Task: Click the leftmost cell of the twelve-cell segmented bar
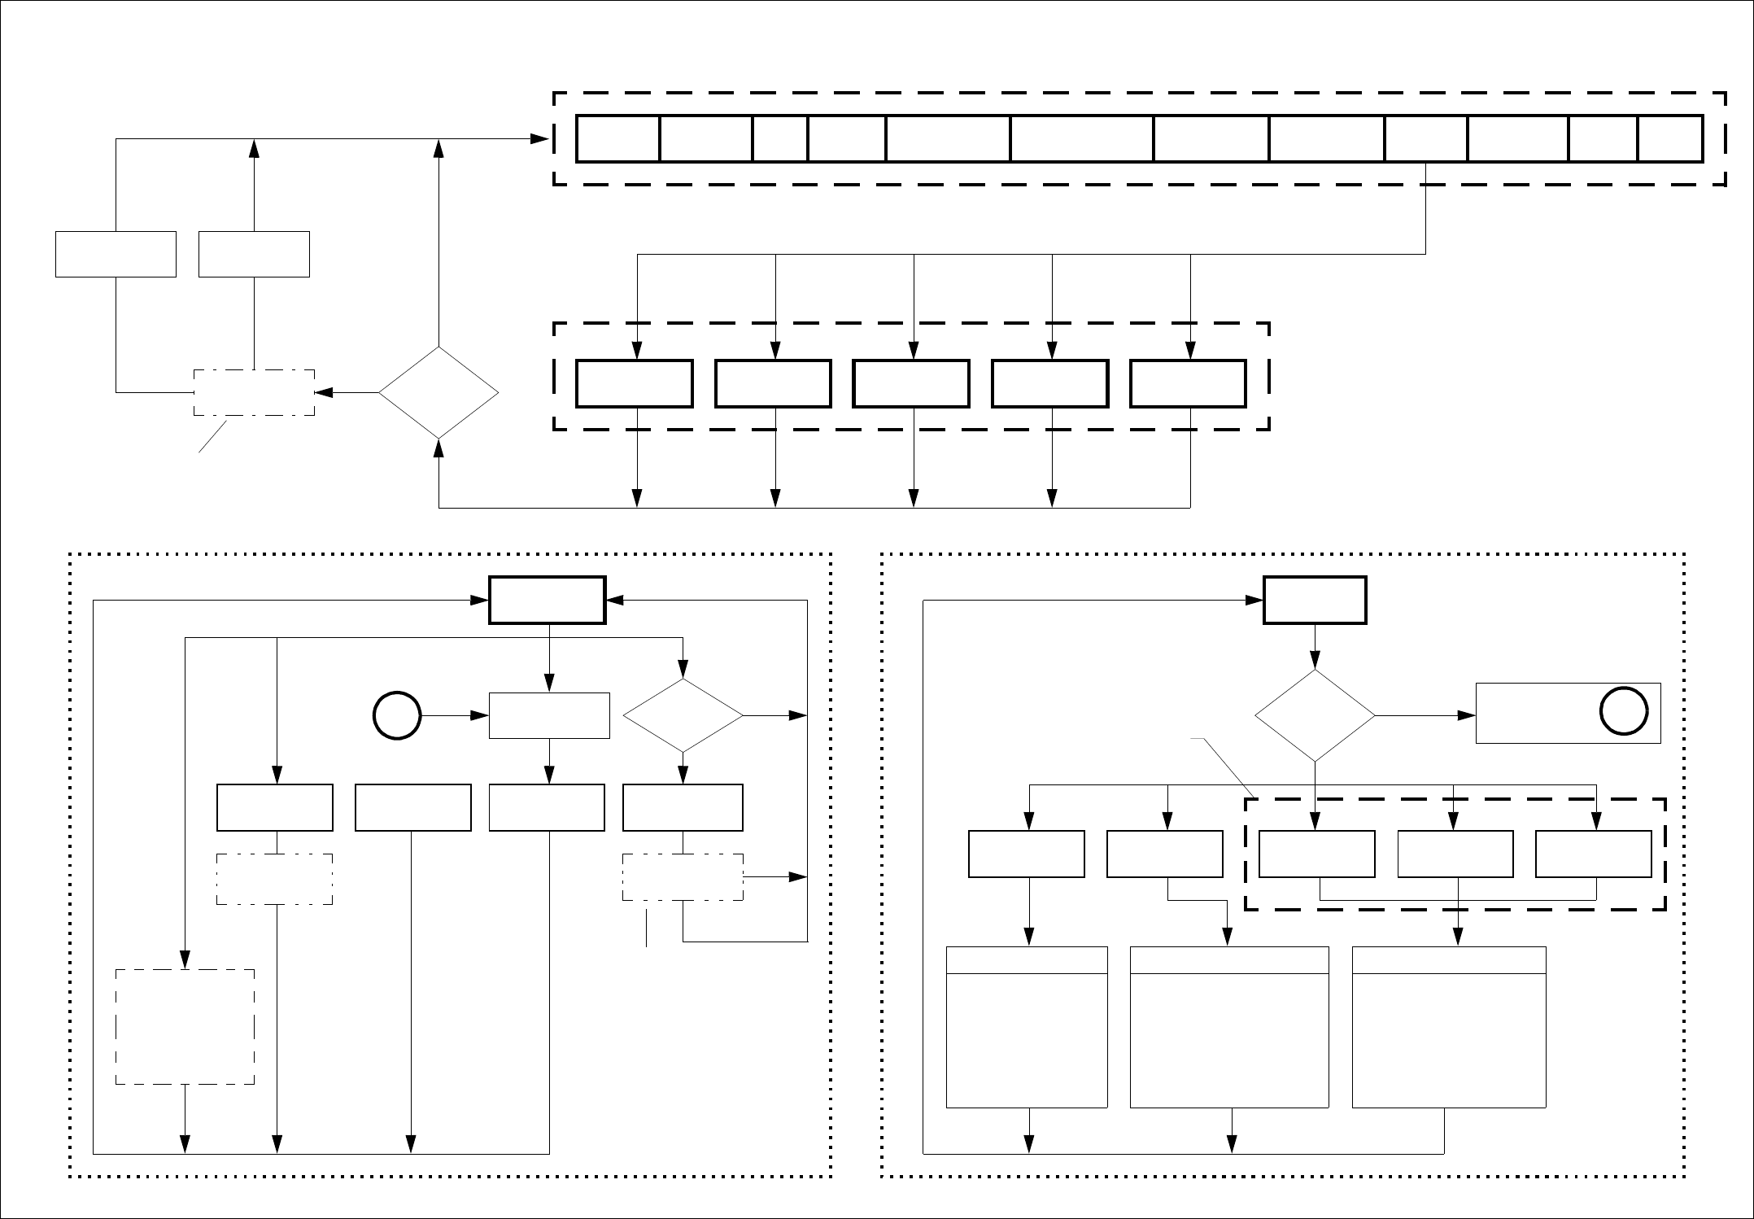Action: pyautogui.click(x=617, y=139)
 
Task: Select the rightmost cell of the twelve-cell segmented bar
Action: pyautogui.click(x=1670, y=139)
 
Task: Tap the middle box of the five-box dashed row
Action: pyautogui.click(x=911, y=383)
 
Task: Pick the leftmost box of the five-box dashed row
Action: pyautogui.click(x=635, y=383)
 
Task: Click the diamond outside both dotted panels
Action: pyautogui.click(x=438, y=393)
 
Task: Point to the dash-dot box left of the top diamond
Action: pyautogui.click(x=254, y=393)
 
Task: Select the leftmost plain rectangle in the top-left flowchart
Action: pyautogui.click(x=116, y=254)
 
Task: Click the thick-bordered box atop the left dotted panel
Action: pyautogui.click(x=547, y=601)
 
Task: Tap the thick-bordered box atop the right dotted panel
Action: pyautogui.click(x=1315, y=601)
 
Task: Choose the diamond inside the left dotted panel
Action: pyautogui.click(x=683, y=715)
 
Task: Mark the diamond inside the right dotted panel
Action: pyautogui.click(x=1315, y=715)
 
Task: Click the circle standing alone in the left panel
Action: pyautogui.click(x=397, y=716)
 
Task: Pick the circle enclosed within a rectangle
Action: pyautogui.click(x=1624, y=712)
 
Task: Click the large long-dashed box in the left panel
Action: pyautogui.click(x=185, y=1026)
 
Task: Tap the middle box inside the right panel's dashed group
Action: pyautogui.click(x=1455, y=854)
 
